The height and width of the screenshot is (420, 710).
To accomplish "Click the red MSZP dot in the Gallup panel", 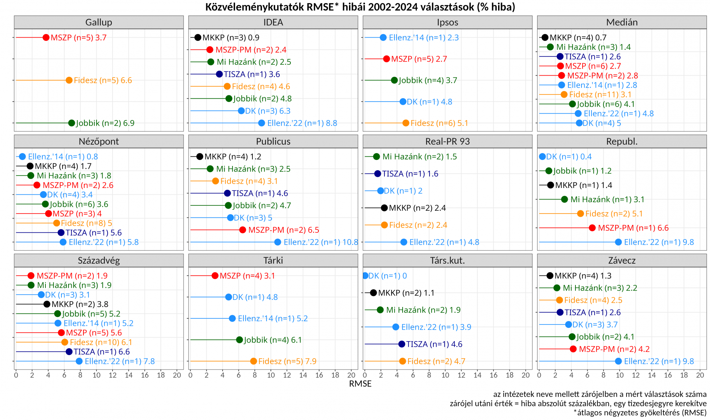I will pyautogui.click(x=46, y=38).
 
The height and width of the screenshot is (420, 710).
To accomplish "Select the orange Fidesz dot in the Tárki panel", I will pyautogui.click(x=253, y=361).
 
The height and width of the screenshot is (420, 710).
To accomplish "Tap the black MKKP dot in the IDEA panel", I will pyautogui.click(x=198, y=38).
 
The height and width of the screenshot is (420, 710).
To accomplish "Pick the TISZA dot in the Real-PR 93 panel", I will pyautogui.click(x=378, y=174).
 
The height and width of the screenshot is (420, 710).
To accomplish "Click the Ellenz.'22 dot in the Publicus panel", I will pyautogui.click(x=278, y=242).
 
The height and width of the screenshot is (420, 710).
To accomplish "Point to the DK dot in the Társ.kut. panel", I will pyautogui.click(x=365, y=276).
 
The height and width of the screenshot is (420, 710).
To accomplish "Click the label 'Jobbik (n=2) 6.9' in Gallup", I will pyautogui.click(x=105, y=123).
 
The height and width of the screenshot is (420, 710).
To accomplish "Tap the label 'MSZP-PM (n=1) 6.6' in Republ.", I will pyautogui.click(x=633, y=228).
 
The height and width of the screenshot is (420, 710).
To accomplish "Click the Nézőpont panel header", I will pyautogui.click(x=99, y=141).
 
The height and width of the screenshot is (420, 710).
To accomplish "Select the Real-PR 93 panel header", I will pyautogui.click(x=447, y=141).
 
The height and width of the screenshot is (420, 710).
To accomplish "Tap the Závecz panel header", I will pyautogui.click(x=622, y=260).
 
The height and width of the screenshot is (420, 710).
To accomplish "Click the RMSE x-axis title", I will pyautogui.click(x=360, y=384).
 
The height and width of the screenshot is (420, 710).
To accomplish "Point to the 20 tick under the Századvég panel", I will pyautogui.click(x=177, y=375).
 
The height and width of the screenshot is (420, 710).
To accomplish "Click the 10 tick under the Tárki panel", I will pyautogui.click(x=271, y=375).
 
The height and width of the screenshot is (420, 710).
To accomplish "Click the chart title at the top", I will pyautogui.click(x=360, y=7).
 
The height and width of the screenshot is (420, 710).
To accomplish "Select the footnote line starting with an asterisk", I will pyautogui.click(x=640, y=413).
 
